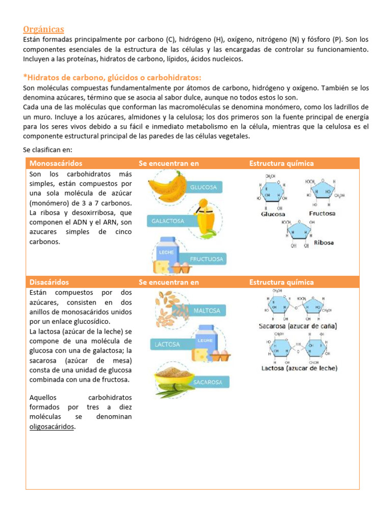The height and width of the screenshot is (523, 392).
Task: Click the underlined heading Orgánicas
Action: pos(43,29)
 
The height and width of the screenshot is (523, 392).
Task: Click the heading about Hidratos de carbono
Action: pos(112,77)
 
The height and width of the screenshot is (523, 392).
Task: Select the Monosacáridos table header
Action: pos(56,163)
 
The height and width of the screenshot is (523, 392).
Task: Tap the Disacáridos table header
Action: pos(49,282)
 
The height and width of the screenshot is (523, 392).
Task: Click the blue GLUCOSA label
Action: pos(204,187)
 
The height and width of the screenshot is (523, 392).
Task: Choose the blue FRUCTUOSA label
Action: pos(206,259)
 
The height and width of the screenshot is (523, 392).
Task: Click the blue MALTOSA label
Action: pos(206,310)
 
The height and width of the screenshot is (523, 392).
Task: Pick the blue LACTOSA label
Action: pos(167,344)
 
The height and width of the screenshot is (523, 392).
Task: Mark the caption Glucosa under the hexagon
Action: pos(273,215)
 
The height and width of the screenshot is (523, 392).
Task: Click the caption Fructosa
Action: pos(322,213)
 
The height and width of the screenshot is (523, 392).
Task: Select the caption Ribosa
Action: pos(324,243)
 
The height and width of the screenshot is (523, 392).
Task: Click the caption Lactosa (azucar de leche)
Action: pos(299,368)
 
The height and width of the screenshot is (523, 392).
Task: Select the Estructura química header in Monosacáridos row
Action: pos(281,163)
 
